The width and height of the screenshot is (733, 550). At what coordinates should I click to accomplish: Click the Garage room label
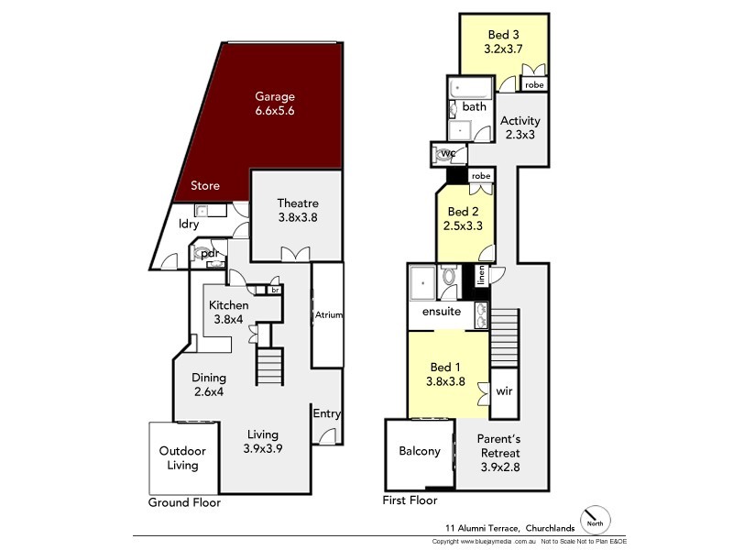coord(275,104)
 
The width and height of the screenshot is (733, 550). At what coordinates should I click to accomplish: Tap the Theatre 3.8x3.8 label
coord(298,211)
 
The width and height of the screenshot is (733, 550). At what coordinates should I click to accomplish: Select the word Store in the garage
coord(205,186)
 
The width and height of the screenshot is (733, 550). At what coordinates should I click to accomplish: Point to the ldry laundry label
coord(190,223)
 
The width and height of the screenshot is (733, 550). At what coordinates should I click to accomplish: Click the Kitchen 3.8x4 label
coord(228,313)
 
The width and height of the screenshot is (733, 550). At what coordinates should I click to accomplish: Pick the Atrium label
coord(328,315)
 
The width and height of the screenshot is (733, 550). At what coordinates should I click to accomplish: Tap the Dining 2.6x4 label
coord(209,385)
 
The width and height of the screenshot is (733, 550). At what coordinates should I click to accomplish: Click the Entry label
coord(327,414)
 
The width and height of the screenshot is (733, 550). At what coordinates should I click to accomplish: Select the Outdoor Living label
coord(182,457)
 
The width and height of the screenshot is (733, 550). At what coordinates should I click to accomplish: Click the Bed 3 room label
coord(503,42)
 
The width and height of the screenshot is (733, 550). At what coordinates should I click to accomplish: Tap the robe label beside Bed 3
coord(534,84)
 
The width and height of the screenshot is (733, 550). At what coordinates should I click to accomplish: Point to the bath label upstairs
coord(475,107)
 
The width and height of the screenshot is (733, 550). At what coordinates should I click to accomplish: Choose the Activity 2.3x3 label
coord(522,127)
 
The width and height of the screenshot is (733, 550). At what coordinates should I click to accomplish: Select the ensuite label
coord(441,312)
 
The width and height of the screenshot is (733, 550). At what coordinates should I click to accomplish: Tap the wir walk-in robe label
coord(504,390)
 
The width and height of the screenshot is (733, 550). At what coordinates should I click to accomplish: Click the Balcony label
coord(420,451)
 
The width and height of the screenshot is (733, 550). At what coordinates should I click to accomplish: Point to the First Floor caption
coord(410,500)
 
